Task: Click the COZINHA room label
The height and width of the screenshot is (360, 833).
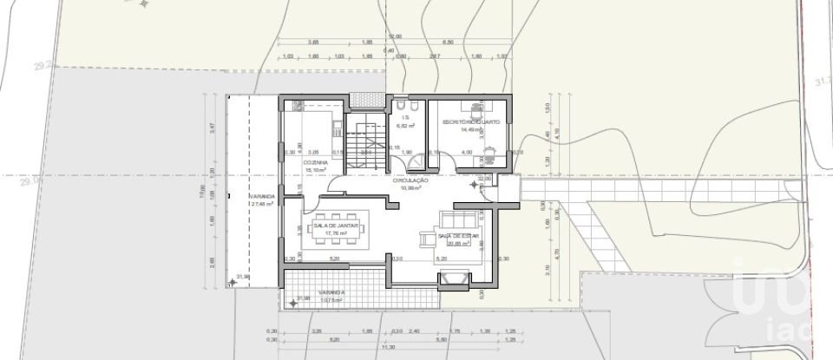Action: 314,162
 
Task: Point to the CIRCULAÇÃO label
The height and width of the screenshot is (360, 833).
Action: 411,180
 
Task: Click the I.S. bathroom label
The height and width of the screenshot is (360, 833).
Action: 405,120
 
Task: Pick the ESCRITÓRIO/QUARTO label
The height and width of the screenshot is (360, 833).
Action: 470,122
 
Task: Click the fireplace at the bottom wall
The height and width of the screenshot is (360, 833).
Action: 455,279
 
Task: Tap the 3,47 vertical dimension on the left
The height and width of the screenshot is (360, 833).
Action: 211,127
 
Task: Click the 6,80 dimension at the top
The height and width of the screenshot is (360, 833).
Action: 449,42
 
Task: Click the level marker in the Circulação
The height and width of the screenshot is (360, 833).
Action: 475,183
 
